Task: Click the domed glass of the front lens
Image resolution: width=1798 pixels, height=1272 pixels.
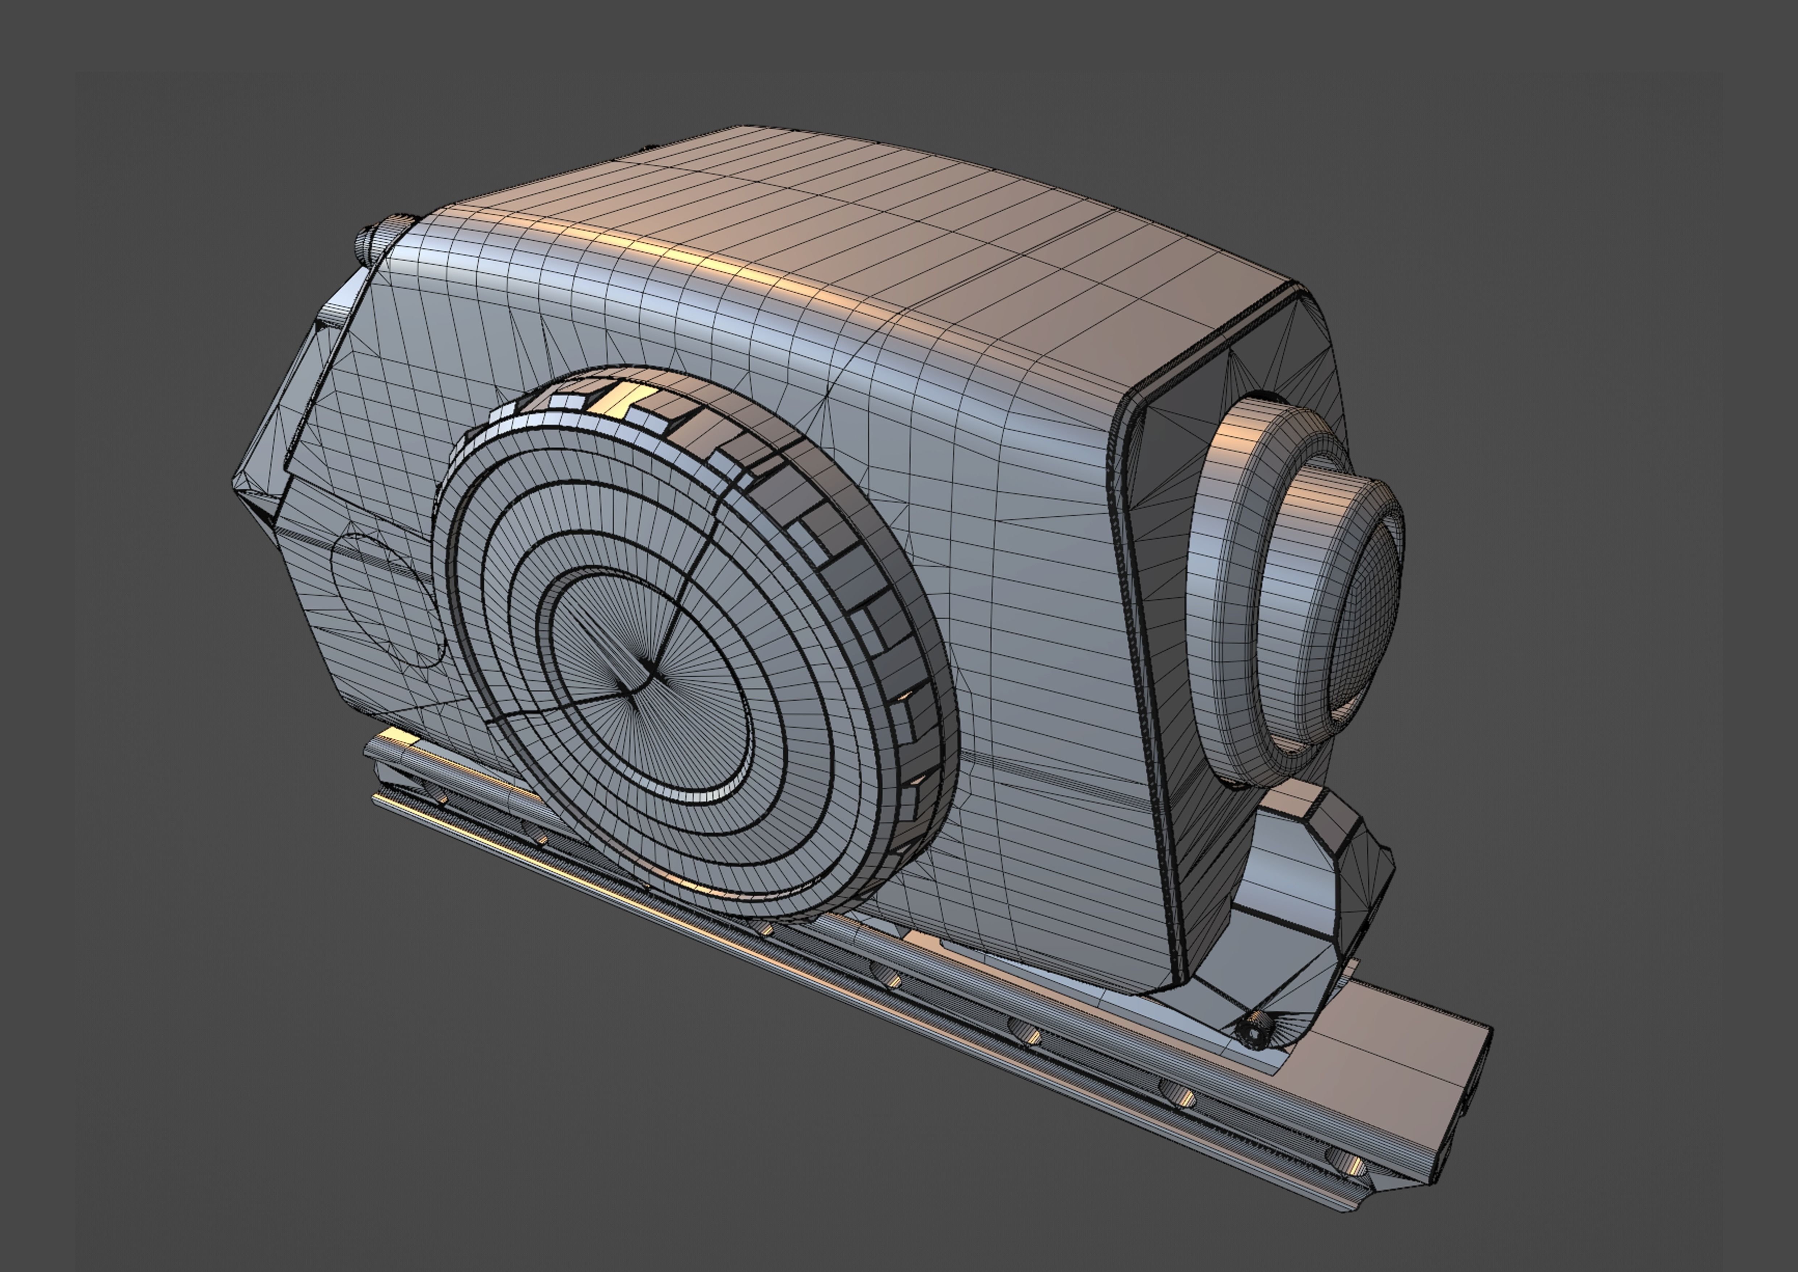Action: [x=1363, y=619]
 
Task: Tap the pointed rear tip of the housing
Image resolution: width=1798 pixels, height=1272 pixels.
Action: [x=237, y=479]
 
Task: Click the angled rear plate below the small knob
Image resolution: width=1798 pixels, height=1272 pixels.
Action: [x=329, y=329]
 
